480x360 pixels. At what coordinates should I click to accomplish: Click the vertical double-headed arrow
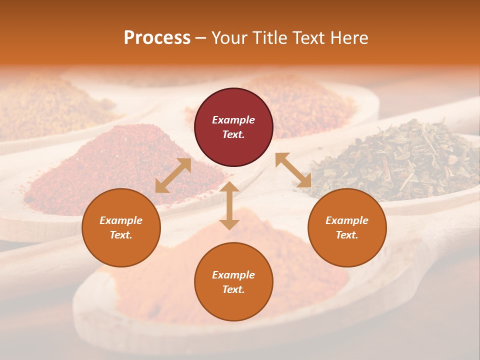[x=229, y=205]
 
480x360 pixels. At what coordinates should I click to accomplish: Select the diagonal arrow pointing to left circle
[x=173, y=175]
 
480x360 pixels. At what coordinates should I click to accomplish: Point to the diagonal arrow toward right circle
[x=293, y=170]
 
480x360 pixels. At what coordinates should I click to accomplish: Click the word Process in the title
[x=157, y=37]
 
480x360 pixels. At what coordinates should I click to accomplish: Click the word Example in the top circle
[x=233, y=120]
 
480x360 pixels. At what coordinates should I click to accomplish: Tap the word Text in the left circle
[x=121, y=235]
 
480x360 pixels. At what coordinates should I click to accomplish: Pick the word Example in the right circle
[x=347, y=220]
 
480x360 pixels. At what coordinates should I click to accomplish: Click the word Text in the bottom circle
[x=233, y=289]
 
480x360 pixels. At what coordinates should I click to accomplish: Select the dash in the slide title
[x=201, y=38]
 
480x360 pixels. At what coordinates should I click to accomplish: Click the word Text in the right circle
[x=347, y=235]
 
